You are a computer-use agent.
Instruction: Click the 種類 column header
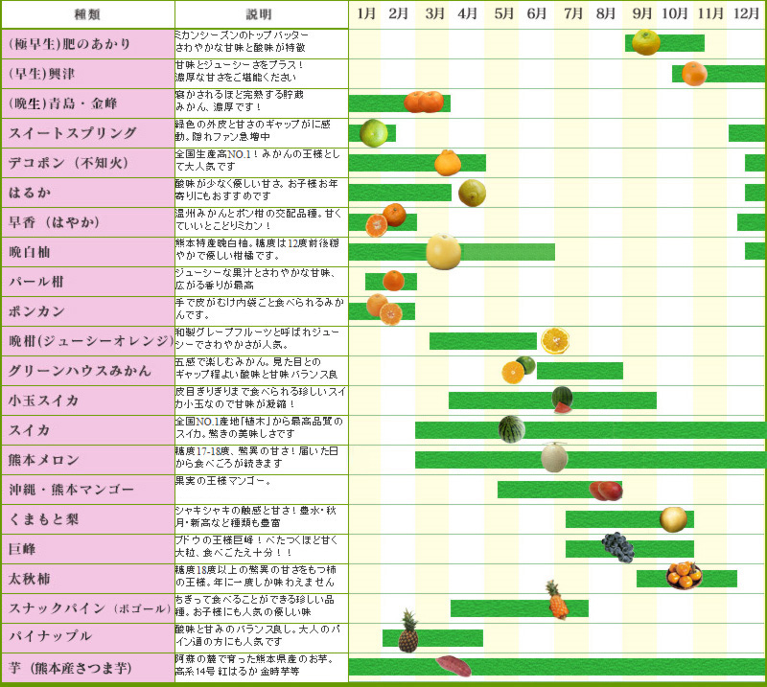point(87,14)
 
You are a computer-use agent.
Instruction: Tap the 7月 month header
point(573,13)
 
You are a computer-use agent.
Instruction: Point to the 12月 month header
point(747,13)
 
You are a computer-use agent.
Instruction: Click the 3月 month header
point(434,13)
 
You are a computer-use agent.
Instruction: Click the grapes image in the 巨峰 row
point(617,546)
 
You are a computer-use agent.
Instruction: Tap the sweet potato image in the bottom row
point(453,666)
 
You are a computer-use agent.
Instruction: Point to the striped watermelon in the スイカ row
point(511,428)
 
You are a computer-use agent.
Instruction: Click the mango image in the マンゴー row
point(606,491)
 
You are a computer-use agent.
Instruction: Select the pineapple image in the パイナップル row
point(408,631)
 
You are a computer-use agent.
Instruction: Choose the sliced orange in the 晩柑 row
point(554,340)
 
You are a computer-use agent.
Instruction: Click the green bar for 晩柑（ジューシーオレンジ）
point(482,341)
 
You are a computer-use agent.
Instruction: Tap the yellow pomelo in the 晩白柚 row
point(444,252)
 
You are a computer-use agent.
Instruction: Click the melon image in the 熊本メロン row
point(554,457)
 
